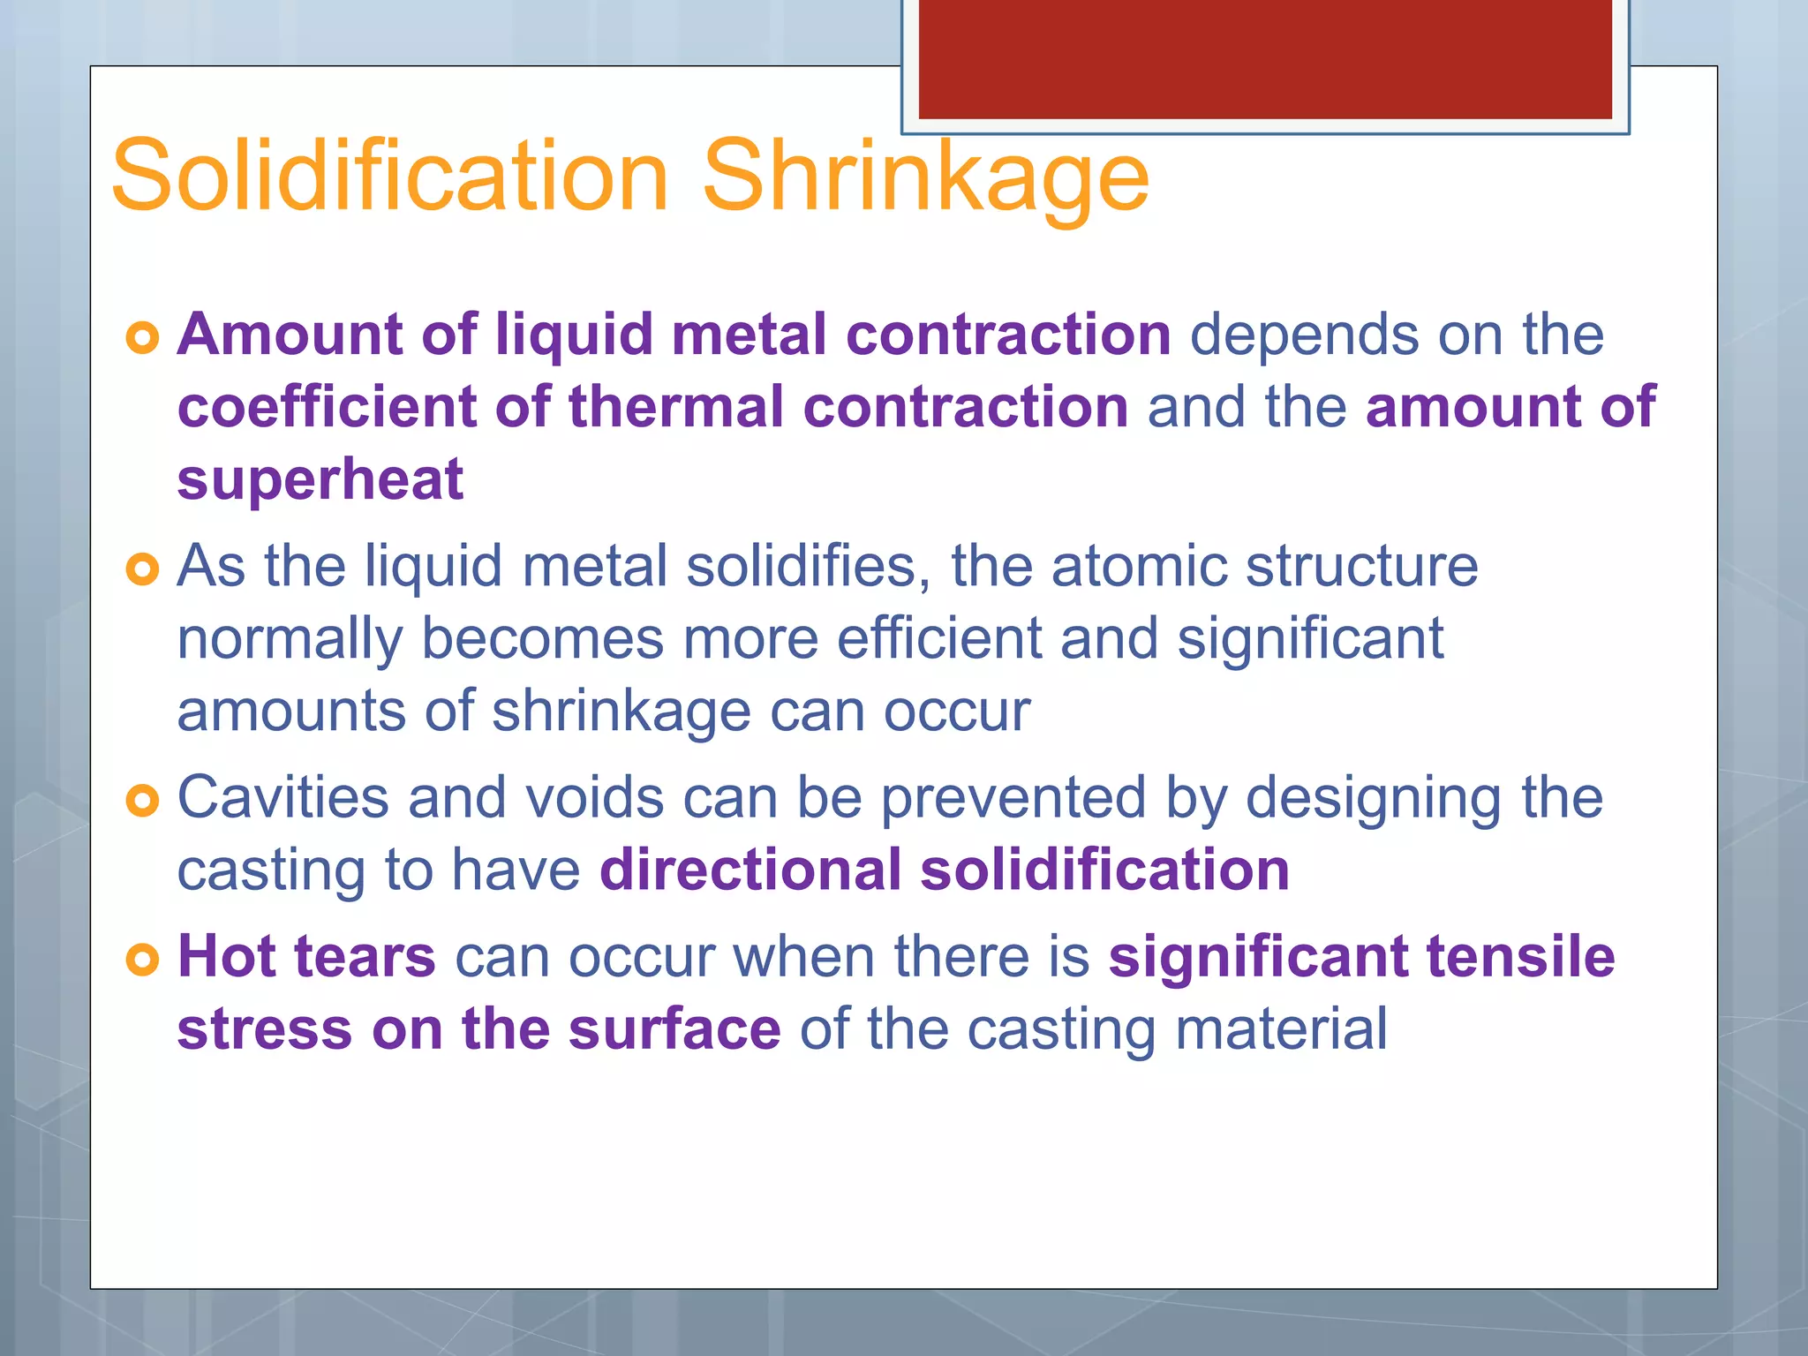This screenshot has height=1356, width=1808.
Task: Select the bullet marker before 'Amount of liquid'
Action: point(142,337)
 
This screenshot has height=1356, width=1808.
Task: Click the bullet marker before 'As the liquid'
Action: point(142,569)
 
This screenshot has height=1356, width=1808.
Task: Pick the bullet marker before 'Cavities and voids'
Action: point(142,801)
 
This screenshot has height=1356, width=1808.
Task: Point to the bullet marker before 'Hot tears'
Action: point(142,960)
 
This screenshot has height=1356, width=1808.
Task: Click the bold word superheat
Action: point(320,481)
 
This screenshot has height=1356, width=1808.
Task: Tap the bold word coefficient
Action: point(326,407)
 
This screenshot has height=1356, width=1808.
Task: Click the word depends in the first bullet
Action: point(1304,335)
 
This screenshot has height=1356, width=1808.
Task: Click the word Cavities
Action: point(282,797)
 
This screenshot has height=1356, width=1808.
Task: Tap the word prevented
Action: point(1013,799)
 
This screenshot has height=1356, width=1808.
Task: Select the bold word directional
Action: point(750,870)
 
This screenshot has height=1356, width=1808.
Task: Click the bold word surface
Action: point(674,1029)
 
